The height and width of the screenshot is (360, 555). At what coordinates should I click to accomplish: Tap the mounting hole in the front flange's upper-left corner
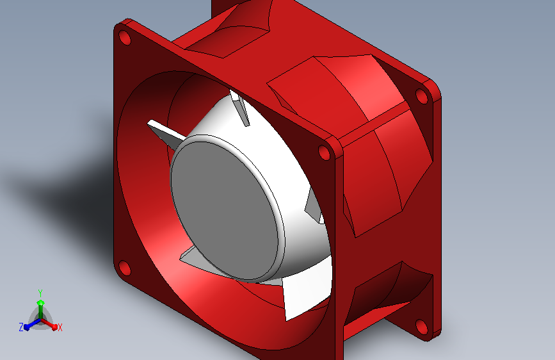125,38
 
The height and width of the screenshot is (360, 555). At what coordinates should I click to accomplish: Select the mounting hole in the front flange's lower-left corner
124,268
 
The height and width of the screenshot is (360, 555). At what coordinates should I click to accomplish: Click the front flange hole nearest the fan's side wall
325,153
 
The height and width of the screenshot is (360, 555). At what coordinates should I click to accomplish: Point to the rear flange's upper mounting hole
421,96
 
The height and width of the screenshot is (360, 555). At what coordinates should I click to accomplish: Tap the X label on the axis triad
60,328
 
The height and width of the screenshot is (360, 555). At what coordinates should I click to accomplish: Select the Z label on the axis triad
21,327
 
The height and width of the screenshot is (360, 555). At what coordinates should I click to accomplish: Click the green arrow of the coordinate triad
40,306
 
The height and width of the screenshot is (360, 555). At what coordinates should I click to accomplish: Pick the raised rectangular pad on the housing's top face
320,80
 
